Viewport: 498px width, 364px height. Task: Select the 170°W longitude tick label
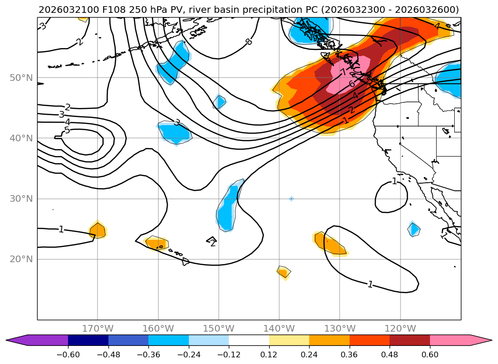(x=98, y=328)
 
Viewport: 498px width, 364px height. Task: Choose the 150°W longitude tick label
(x=219, y=328)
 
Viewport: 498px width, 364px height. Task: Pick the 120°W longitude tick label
(x=400, y=328)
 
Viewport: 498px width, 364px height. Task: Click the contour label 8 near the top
(x=248, y=42)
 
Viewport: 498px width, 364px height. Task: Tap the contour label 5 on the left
(x=67, y=130)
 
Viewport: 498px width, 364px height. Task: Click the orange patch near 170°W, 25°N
(x=98, y=231)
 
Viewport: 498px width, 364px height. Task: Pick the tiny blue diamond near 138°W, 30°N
(x=291, y=199)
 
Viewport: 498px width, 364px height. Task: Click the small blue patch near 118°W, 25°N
(x=414, y=229)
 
